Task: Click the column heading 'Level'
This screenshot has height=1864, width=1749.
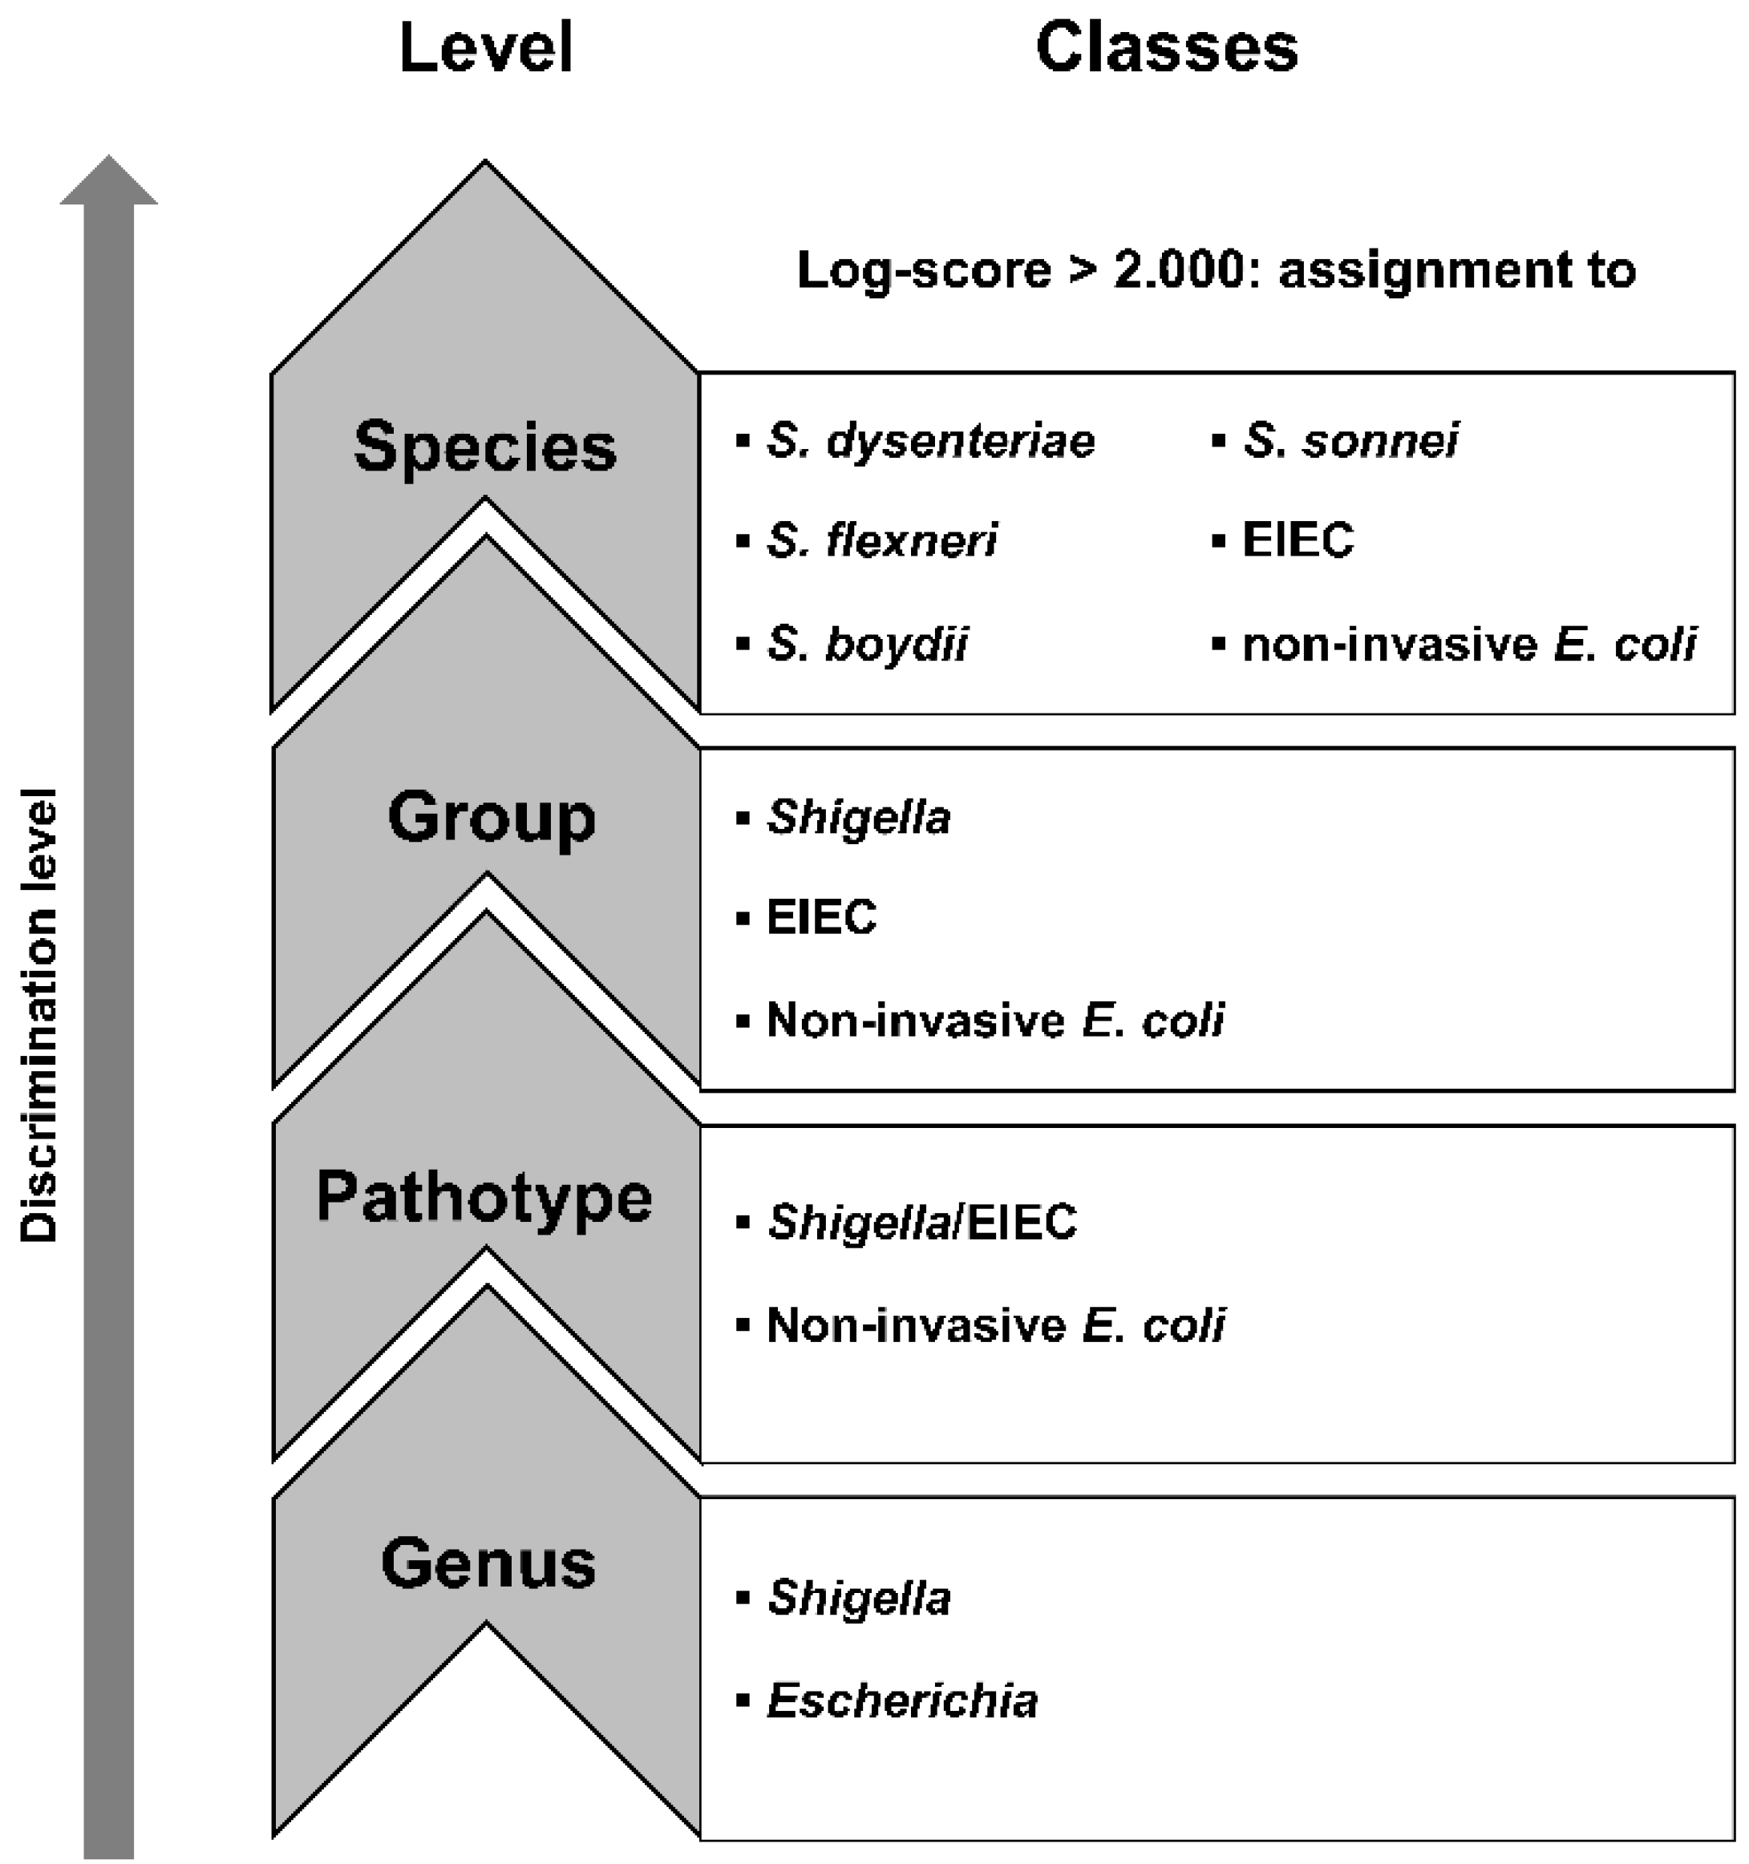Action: pos(485,49)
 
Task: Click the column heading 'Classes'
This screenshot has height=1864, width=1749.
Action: pos(1166,49)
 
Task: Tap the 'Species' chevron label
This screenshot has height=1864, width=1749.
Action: pos(485,447)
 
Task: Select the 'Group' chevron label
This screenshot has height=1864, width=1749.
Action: pos(491,818)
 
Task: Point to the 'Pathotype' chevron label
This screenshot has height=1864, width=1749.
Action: pos(484,1199)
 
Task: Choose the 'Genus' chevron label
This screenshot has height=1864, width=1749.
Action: pos(488,1564)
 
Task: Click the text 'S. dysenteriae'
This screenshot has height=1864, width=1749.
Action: pos(929,441)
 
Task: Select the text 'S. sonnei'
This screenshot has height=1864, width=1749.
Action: pos(1350,441)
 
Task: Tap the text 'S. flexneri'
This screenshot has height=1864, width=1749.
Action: pos(881,540)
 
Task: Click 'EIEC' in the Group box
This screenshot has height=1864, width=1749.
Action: pos(820,917)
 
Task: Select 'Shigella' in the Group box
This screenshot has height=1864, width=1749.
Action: pos(858,818)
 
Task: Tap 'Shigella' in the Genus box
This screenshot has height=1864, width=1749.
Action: pos(858,1598)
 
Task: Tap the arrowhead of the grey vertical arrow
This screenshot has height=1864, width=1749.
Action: pos(109,181)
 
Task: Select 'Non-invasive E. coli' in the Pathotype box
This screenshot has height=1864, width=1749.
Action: pos(995,1326)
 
